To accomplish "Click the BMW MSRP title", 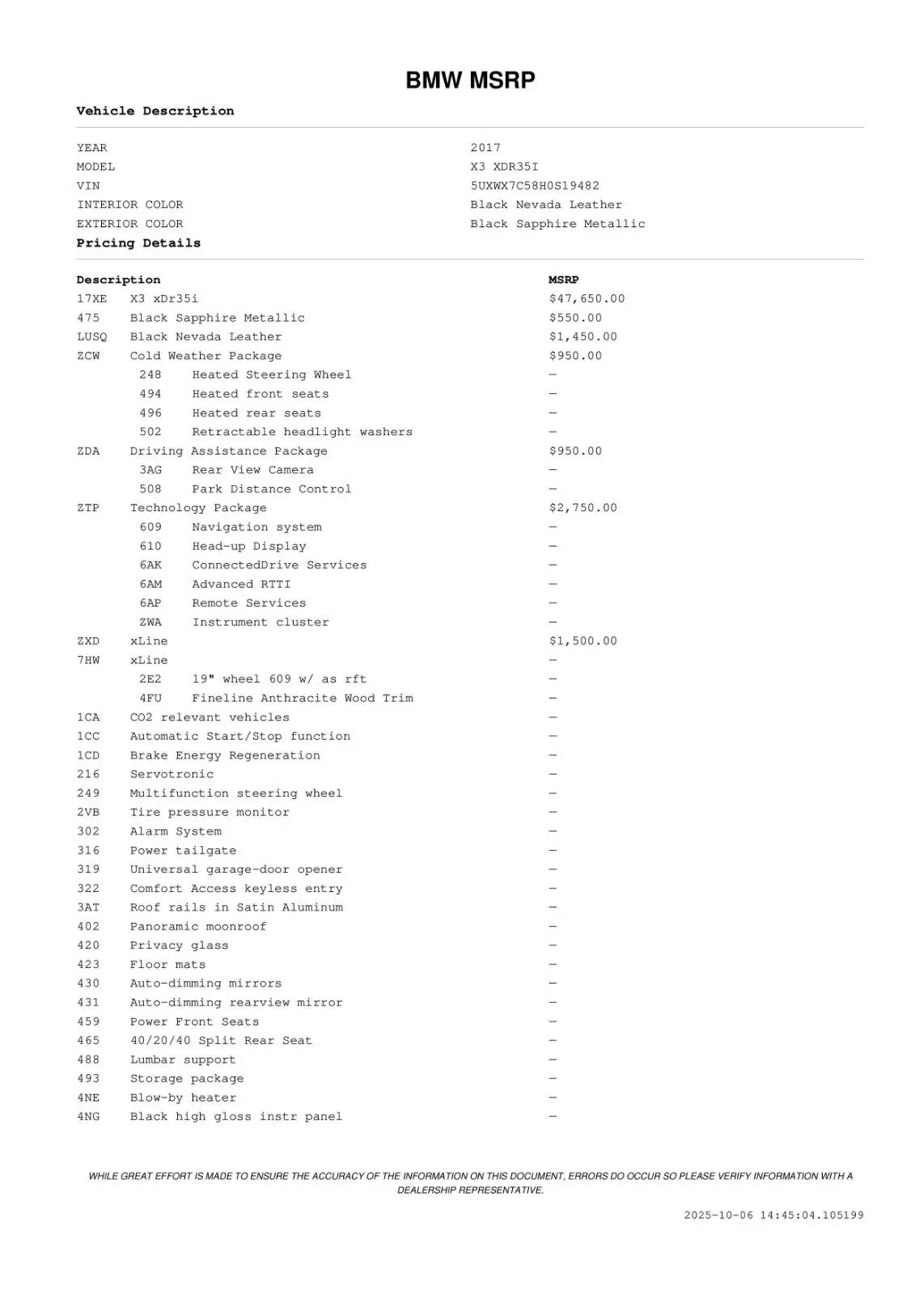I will point(470,81).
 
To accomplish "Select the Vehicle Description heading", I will point(155,111).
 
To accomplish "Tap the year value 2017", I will point(485,147).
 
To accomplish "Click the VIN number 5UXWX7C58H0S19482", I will point(535,185).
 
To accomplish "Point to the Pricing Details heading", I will point(138,243).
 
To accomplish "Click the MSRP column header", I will point(563,280).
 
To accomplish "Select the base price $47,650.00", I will point(587,298).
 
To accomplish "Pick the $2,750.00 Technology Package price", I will point(582,508).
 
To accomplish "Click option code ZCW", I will point(88,356).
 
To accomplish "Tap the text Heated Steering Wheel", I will point(271,374).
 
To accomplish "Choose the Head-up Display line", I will point(248,546).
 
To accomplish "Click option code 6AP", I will point(150,603).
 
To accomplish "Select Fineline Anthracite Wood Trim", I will point(302,698).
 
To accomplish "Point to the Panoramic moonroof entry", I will point(197,927).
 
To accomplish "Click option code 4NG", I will point(88,1117).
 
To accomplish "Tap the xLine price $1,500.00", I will point(582,641).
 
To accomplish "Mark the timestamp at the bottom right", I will point(773,1215).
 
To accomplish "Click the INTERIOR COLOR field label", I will point(129,205).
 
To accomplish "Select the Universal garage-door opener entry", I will point(235,869).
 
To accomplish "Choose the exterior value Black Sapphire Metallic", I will point(557,224).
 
